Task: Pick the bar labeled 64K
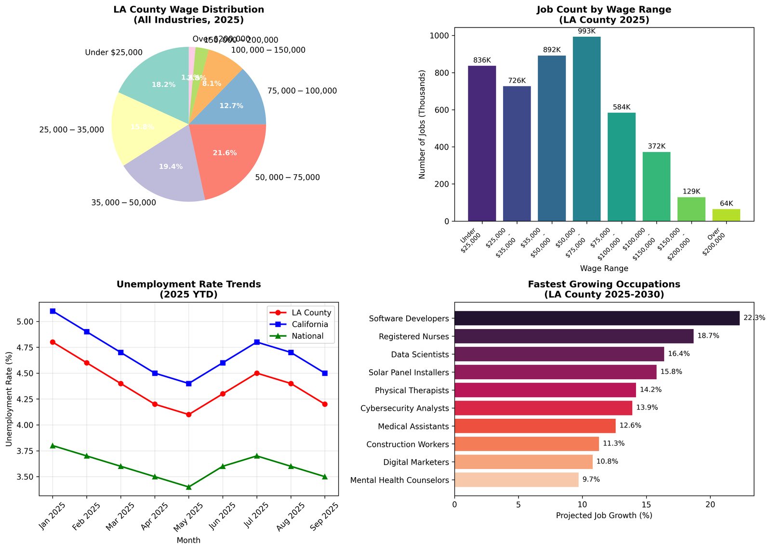[x=726, y=215]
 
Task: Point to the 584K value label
[x=622, y=107]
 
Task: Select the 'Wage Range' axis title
[x=604, y=268]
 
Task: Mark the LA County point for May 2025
[x=189, y=414]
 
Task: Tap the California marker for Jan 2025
[x=53, y=311]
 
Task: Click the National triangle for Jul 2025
[x=257, y=456]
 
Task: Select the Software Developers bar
[x=597, y=318]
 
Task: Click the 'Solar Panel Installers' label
[x=409, y=372]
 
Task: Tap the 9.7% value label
[x=591, y=480]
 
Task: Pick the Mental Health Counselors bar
[x=516, y=480]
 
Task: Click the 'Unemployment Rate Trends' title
[x=188, y=285]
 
